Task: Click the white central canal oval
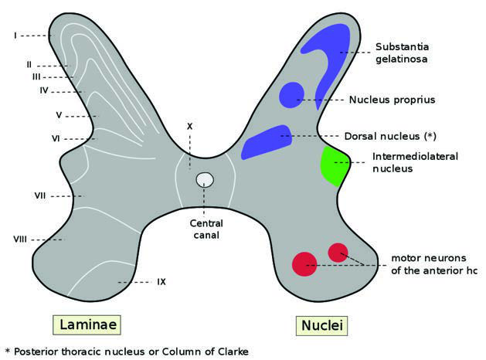click(205, 180)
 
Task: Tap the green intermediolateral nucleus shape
click(335, 166)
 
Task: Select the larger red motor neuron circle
click(304, 264)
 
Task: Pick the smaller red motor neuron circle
click(338, 253)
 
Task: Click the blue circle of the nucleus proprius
click(291, 95)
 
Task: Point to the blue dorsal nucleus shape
click(267, 142)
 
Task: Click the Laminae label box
click(87, 324)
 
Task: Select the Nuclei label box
click(321, 325)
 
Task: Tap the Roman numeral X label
click(190, 126)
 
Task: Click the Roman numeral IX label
click(161, 282)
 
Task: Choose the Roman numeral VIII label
click(20, 239)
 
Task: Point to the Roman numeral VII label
click(40, 195)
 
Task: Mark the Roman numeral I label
click(15, 36)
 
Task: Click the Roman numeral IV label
click(44, 90)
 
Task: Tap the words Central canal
click(206, 229)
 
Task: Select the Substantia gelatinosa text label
click(402, 53)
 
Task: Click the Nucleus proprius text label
click(392, 100)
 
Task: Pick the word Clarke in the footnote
click(233, 352)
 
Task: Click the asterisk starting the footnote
click(8, 351)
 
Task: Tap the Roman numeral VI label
click(56, 138)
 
